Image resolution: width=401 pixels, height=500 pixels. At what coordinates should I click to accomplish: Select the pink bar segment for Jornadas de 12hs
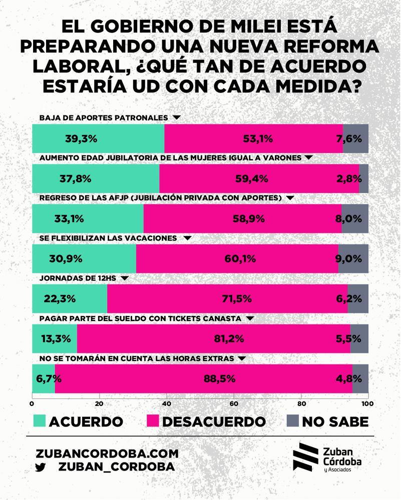point(227,298)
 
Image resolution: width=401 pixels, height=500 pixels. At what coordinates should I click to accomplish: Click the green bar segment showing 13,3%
point(54,338)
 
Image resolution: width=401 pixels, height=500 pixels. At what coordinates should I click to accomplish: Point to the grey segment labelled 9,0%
point(353,258)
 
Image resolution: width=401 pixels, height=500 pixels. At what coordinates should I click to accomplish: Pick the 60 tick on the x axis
point(234,404)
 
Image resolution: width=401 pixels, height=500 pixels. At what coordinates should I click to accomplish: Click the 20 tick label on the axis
point(99,404)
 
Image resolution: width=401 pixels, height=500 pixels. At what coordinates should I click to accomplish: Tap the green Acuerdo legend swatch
point(38,421)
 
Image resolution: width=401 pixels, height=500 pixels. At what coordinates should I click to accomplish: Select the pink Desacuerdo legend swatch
point(152,421)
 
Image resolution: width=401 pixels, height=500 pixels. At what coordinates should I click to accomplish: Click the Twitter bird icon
point(41,466)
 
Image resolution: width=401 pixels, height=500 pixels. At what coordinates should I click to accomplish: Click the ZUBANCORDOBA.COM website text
point(107,453)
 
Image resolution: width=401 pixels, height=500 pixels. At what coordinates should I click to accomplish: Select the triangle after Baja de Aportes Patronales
point(176,117)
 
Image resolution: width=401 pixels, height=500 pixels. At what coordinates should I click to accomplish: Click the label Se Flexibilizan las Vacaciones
point(108,238)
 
